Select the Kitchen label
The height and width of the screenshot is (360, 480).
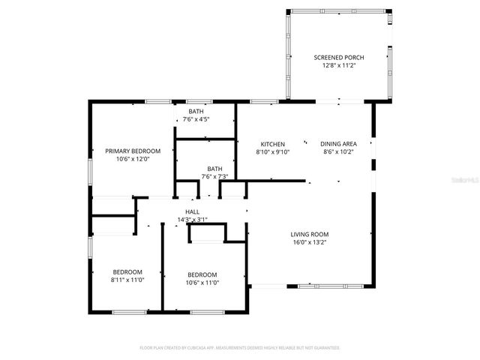point(272,144)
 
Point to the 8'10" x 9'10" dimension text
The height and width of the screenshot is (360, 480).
point(272,151)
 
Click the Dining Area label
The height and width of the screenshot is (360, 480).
point(338,144)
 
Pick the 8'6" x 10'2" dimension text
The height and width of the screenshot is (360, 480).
point(338,151)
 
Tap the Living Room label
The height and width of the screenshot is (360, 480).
point(310,234)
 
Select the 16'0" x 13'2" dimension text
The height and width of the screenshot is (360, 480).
point(310,242)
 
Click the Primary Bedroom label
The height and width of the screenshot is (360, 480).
point(133,151)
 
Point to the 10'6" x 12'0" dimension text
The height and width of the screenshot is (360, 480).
point(133,159)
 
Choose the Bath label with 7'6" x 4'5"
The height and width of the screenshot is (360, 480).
point(196,111)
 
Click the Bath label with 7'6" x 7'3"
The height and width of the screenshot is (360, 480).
point(215,169)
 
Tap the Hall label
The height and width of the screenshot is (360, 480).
point(192,211)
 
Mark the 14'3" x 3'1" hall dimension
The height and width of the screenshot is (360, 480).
point(192,220)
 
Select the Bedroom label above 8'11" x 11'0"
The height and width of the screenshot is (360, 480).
point(127,271)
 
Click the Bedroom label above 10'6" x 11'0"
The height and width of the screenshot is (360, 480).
point(202,274)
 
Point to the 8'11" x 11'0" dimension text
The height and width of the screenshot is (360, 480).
point(127,280)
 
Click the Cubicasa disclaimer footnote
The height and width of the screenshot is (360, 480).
point(240,348)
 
